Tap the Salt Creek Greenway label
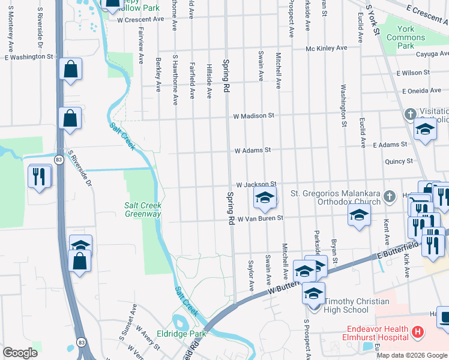(x=143, y=209)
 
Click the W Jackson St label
(x=255, y=184)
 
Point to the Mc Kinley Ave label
(x=327, y=48)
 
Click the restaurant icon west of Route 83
(x=39, y=175)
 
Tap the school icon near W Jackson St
(x=264, y=196)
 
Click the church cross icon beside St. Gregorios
(x=390, y=196)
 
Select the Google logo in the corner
(x=20, y=353)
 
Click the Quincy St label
(x=399, y=161)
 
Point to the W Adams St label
(x=253, y=150)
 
